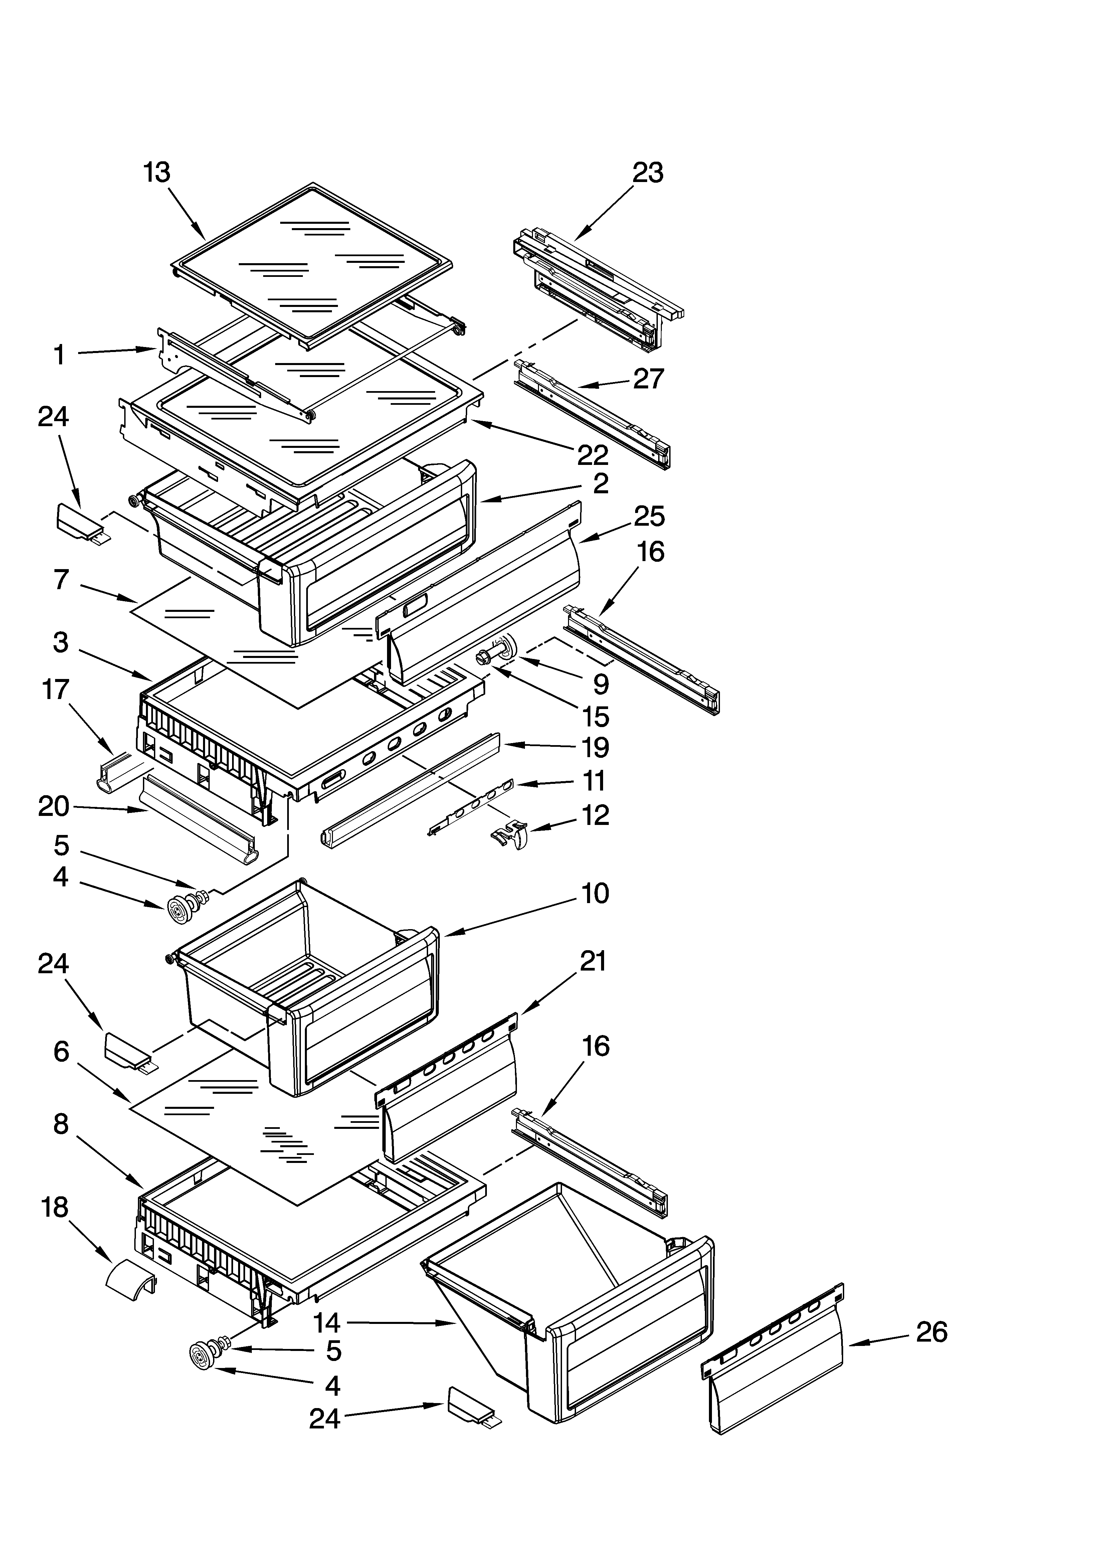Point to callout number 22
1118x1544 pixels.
[x=592, y=455]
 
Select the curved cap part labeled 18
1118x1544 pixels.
[x=131, y=1282]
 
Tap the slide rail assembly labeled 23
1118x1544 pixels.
[x=598, y=286]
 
